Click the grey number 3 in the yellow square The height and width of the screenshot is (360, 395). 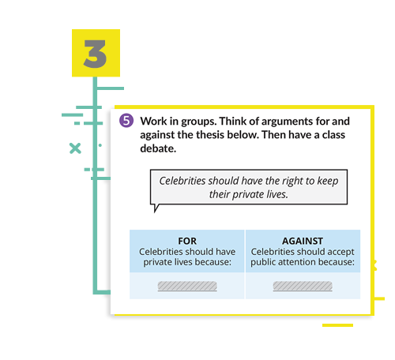(95, 54)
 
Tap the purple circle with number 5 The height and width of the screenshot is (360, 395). (126, 121)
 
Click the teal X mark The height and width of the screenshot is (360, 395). (75, 148)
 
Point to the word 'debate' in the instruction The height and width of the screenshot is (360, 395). (157, 148)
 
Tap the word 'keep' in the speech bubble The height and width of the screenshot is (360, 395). (328, 181)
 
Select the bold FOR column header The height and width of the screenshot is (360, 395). (187, 241)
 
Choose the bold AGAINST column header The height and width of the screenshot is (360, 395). (303, 241)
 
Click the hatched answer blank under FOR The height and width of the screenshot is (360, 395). (187, 286)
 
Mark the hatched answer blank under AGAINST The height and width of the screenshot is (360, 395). (303, 286)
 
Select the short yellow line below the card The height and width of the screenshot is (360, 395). (337, 325)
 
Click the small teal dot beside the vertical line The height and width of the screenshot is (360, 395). (100, 145)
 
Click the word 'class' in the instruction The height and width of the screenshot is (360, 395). (333, 135)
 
